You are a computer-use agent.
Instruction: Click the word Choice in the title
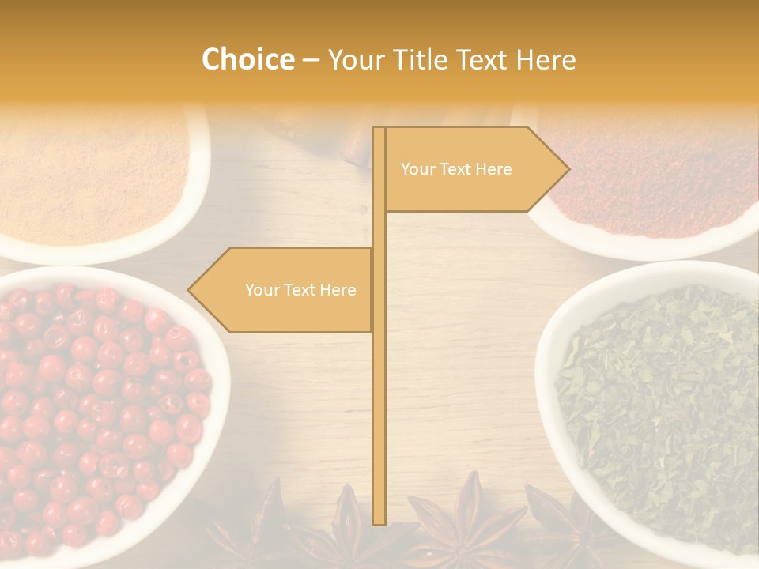coord(247,60)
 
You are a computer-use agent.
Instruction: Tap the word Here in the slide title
coord(545,60)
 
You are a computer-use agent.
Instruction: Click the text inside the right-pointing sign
coord(456,169)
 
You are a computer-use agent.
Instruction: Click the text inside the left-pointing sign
coord(300,290)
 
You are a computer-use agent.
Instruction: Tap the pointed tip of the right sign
coord(567,168)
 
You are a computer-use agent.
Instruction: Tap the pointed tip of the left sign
coord(190,289)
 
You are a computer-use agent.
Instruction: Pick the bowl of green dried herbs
coord(656,403)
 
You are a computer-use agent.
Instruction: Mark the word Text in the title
coord(483,60)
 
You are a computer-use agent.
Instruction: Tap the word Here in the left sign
coord(338,290)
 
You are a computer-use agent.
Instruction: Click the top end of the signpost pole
coord(379,130)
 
